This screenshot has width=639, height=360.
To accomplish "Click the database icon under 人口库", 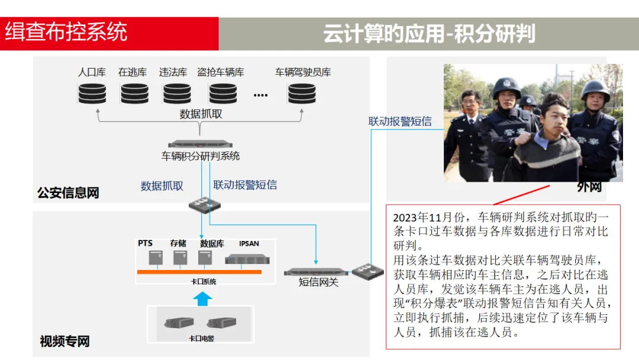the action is pyautogui.click(x=92, y=94).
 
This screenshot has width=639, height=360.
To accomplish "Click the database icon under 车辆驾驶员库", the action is pyautogui.click(x=302, y=94).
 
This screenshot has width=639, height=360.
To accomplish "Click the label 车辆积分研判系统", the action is pyautogui.click(x=201, y=156).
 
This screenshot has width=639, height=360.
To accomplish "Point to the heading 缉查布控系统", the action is pyautogui.click(x=66, y=32).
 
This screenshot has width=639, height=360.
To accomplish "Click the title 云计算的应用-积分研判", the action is pyautogui.click(x=429, y=34).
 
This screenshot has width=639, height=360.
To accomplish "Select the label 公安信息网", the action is pyautogui.click(x=68, y=193).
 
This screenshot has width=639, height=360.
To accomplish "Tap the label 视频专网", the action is pyautogui.click(x=64, y=341).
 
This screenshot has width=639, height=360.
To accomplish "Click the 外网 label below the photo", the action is pyautogui.click(x=589, y=187).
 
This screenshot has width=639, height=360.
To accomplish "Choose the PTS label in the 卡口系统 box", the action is pyautogui.click(x=146, y=243).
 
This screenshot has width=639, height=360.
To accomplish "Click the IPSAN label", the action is pyautogui.click(x=249, y=243).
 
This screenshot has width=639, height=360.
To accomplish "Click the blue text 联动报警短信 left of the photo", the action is pyautogui.click(x=400, y=121).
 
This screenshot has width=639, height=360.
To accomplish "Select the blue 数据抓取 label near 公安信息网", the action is pyautogui.click(x=162, y=186).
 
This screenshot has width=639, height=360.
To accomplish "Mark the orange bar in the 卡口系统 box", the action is pyautogui.click(x=199, y=272).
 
